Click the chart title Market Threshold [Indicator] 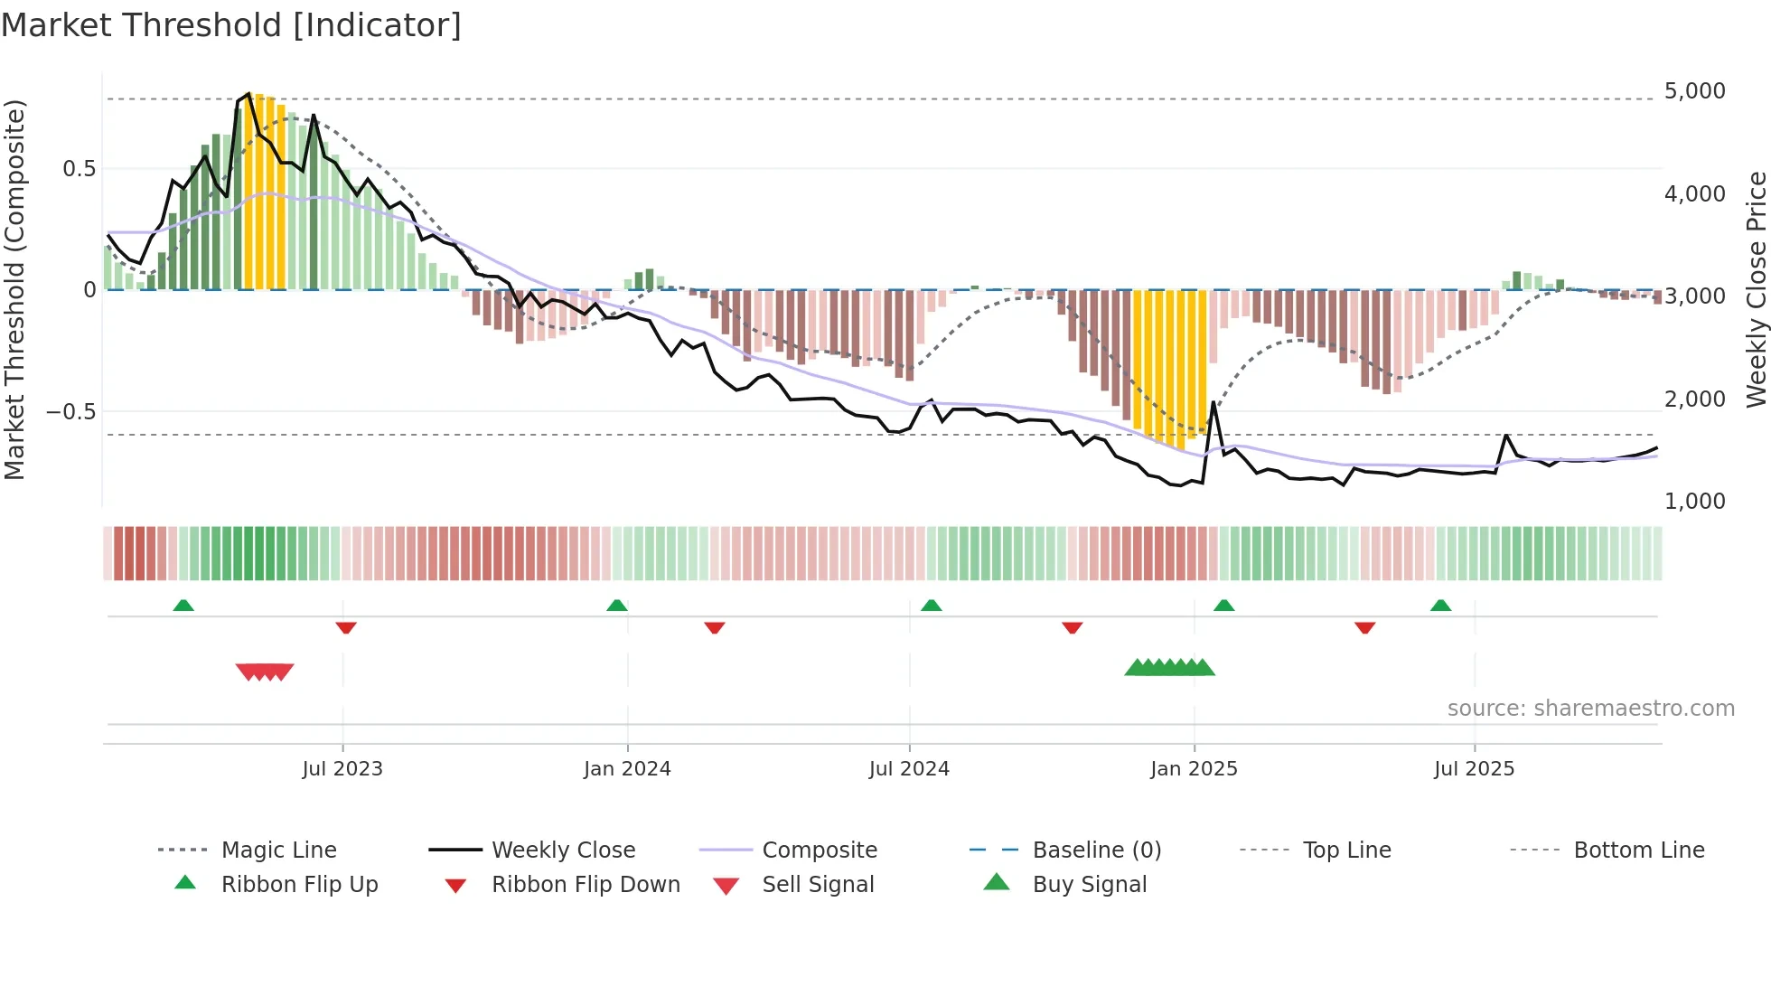[x=231, y=25]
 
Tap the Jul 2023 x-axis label [x=342, y=769]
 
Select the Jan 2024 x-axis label [x=627, y=769]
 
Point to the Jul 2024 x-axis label [x=909, y=769]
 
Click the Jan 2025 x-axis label [x=1194, y=769]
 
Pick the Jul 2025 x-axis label [x=1474, y=769]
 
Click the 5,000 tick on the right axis [x=1694, y=91]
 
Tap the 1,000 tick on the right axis [x=1694, y=502]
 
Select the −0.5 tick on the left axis [x=70, y=412]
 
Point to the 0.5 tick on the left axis [x=79, y=169]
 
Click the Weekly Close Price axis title [x=1756, y=289]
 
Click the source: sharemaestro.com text [x=1590, y=709]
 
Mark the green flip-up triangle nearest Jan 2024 [x=617, y=606]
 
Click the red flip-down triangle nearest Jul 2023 [x=346, y=627]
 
